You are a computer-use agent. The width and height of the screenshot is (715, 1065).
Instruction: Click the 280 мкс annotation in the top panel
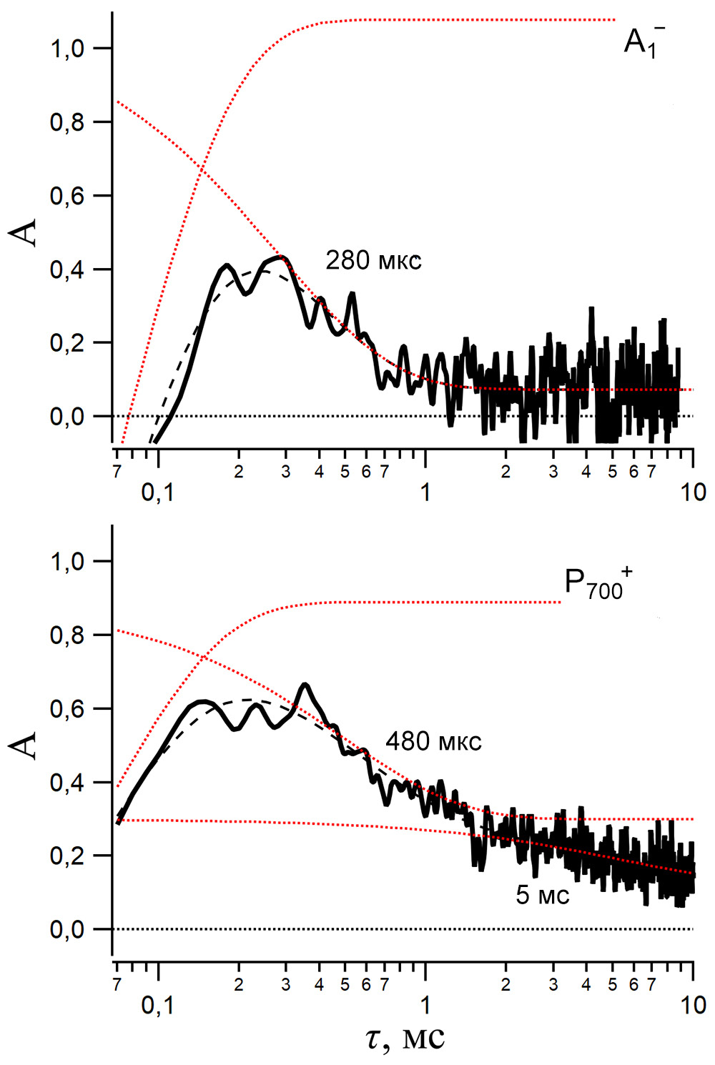[x=373, y=260]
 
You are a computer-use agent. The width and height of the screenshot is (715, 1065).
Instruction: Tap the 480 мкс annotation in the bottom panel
[x=433, y=741]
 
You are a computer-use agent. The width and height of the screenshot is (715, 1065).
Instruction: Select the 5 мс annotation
[x=542, y=894]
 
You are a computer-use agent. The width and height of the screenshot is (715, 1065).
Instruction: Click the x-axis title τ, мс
[x=405, y=1039]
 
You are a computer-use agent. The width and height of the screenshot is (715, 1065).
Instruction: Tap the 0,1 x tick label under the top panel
[x=157, y=492]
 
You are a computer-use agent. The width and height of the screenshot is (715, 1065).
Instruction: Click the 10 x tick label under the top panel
[x=693, y=492]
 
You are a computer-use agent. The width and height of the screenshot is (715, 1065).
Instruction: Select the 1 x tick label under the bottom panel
[x=425, y=1005]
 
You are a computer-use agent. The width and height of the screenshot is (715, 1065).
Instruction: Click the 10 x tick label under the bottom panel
[x=693, y=1005]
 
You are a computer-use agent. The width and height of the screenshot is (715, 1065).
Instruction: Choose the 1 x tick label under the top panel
[x=425, y=492]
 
